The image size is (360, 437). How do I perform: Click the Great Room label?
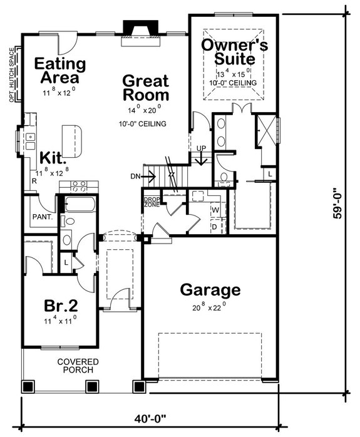pyautogui.click(x=145, y=88)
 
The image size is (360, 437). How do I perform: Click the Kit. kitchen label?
pyautogui.click(x=54, y=157)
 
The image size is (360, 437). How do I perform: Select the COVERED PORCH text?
pyautogui.click(x=76, y=366)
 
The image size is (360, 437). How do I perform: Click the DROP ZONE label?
pyautogui.click(x=151, y=202)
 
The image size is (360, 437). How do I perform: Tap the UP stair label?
pyautogui.click(x=202, y=148)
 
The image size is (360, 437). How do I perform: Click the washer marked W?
pyautogui.click(x=215, y=209)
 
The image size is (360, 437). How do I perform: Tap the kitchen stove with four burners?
pyautogui.click(x=78, y=186)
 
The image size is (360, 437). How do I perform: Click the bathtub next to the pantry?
pyautogui.click(x=76, y=205)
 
